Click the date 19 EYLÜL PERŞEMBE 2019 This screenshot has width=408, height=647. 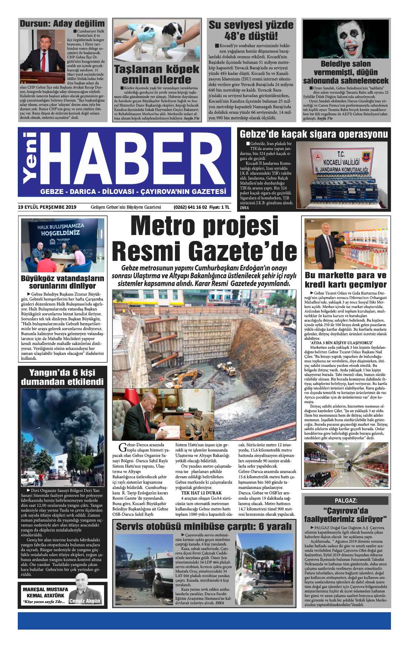[47, 207]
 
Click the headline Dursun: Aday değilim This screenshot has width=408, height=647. [62, 24]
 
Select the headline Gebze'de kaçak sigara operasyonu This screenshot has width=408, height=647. [314, 134]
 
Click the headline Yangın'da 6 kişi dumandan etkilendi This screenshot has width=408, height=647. [62, 377]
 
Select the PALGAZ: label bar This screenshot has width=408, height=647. [346, 500]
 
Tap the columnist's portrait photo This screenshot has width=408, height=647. [84, 585]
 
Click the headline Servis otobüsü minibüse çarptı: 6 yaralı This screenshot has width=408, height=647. [204, 526]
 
